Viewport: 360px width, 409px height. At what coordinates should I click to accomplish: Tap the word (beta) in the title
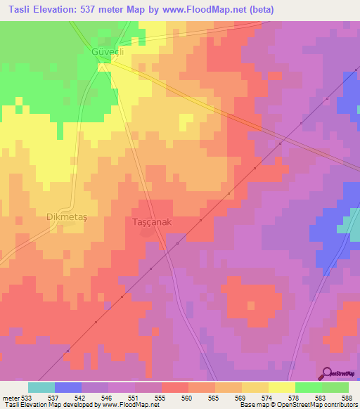point(259,10)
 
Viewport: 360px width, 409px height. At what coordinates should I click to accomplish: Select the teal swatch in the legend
point(41,387)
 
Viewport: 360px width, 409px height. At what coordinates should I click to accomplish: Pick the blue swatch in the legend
point(68,387)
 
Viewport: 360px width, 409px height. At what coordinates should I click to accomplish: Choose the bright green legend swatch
point(309,387)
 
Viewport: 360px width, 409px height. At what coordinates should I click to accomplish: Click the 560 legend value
point(188,397)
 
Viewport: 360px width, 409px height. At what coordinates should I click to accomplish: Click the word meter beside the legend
point(10,397)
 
